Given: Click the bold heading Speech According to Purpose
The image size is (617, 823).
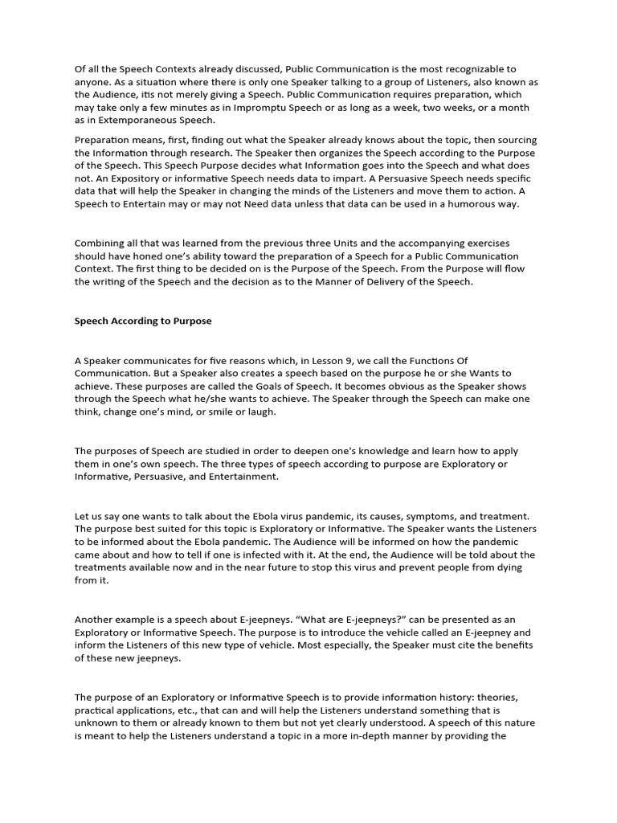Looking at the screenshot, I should tap(143, 321).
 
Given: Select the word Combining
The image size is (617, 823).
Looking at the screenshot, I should tap(100, 243).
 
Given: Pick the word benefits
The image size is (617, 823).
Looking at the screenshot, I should tap(515, 645).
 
